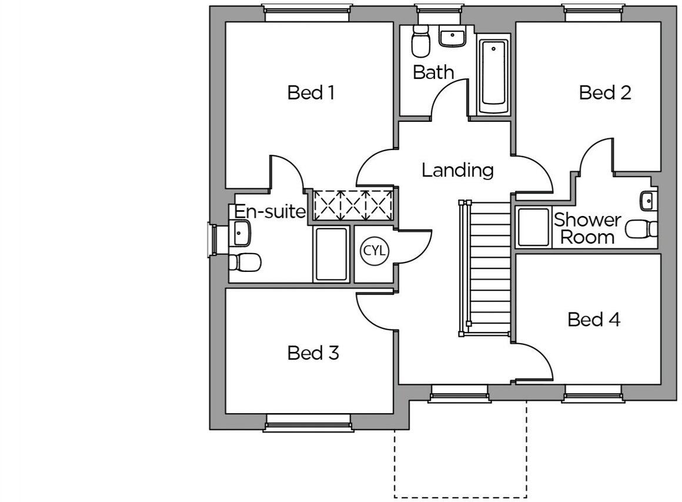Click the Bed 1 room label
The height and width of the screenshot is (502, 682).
pyautogui.click(x=311, y=92)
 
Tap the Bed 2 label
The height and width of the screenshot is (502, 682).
pyautogui.click(x=604, y=92)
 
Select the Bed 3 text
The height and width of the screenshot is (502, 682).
pyautogui.click(x=313, y=353)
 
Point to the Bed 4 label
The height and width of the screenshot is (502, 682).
pyautogui.click(x=594, y=320)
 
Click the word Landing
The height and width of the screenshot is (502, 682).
pyautogui.click(x=457, y=170)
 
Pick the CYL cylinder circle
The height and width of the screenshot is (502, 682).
pyautogui.click(x=374, y=251)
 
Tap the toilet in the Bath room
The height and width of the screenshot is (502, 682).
pyautogui.click(x=420, y=41)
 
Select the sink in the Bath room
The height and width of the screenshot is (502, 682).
pyautogui.click(x=452, y=36)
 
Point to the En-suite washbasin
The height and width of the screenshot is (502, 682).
pyautogui.click(x=241, y=233)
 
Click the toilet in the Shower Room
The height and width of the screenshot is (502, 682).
pyautogui.click(x=641, y=229)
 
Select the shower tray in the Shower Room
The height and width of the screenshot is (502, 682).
pyautogui.click(x=533, y=227)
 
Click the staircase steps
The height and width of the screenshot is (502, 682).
pyautogui.click(x=490, y=268)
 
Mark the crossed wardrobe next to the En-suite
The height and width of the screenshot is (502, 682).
pyautogui.click(x=353, y=206)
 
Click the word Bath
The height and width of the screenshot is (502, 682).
pyautogui.click(x=433, y=72)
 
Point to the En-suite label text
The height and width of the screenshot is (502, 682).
pyautogui.click(x=270, y=211)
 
